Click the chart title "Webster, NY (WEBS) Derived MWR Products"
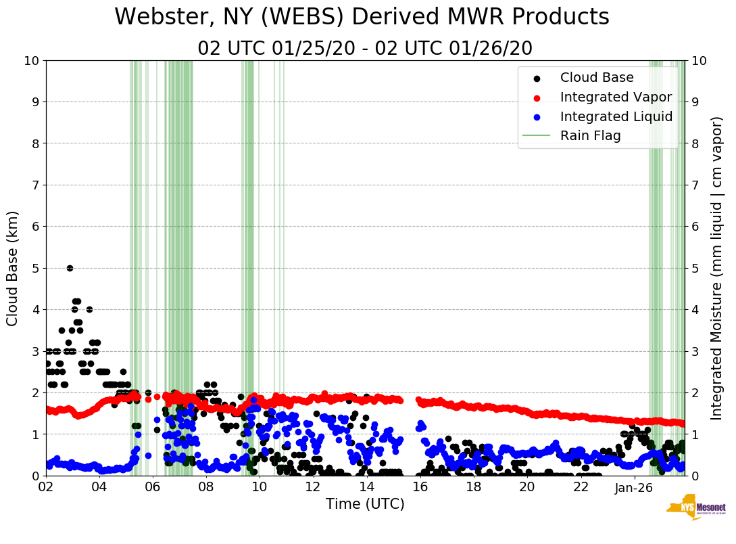point(362,18)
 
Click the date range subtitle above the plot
point(365,49)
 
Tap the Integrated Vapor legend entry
point(616,97)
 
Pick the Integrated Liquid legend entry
point(616,116)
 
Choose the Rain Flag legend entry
point(590,136)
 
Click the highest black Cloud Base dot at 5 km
point(70,268)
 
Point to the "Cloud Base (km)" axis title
point(13,268)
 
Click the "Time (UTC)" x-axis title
point(365,504)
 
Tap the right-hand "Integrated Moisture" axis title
point(717,268)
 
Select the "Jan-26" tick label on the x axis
point(633,487)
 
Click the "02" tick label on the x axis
point(46,487)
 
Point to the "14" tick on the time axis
point(366,487)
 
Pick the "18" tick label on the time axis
point(473,487)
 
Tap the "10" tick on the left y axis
point(32,61)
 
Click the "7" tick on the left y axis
point(35,185)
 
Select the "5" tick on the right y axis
point(695,268)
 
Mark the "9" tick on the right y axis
point(695,102)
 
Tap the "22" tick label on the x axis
point(580,487)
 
